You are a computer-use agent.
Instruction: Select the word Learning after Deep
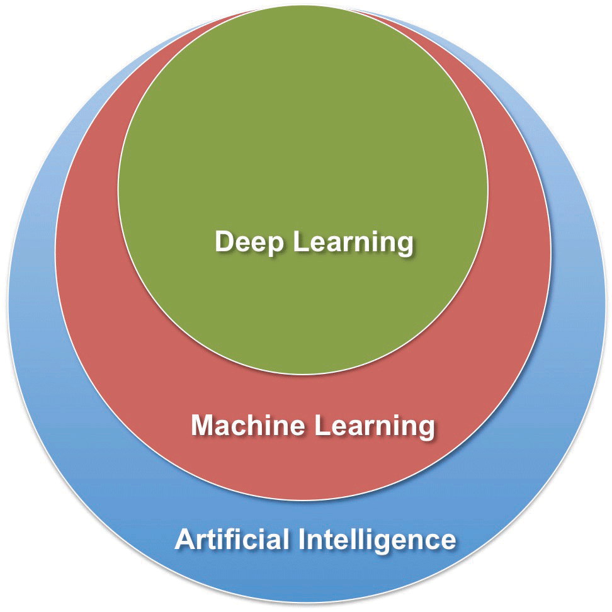point(353,242)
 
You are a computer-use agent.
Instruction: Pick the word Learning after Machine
point(375,426)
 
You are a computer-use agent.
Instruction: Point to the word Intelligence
point(377,540)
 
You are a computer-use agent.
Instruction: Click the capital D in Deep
point(224,242)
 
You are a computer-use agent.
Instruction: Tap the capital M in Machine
point(202,426)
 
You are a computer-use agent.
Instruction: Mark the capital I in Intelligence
point(302,540)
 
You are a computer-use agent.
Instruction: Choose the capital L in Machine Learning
point(321,426)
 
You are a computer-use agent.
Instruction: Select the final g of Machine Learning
point(426,429)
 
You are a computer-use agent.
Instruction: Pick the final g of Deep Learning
point(404,246)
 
